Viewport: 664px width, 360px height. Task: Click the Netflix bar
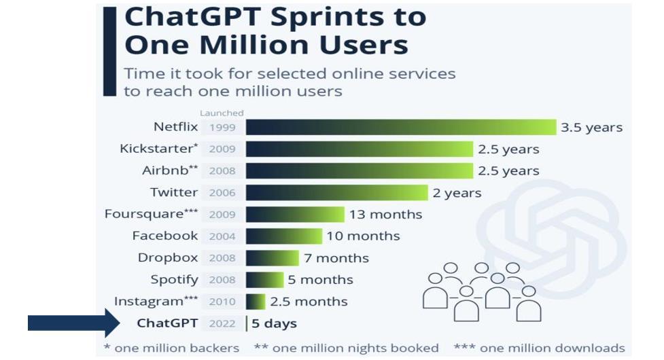[x=401, y=127]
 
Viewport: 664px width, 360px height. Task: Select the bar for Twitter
[x=336, y=193]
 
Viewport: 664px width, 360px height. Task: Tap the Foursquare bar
[x=295, y=215]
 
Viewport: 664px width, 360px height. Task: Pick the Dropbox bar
[x=272, y=258]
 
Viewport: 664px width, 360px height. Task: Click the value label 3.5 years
[x=591, y=127]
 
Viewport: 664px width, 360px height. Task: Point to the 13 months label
[x=385, y=215]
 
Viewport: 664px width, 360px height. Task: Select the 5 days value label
[x=274, y=323]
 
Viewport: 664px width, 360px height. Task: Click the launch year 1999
[x=222, y=128]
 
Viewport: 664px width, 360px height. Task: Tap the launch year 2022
[x=222, y=323]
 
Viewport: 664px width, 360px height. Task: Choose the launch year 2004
[x=222, y=236]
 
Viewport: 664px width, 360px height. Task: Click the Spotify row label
[x=174, y=280]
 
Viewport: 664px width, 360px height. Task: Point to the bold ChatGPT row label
[x=167, y=323]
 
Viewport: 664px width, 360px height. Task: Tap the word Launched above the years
[x=222, y=113]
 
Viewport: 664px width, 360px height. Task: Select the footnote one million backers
[x=171, y=348]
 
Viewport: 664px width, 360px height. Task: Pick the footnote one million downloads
[x=539, y=348]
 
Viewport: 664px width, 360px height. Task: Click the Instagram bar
[x=256, y=302]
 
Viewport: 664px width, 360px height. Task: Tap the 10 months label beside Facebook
[x=363, y=236]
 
